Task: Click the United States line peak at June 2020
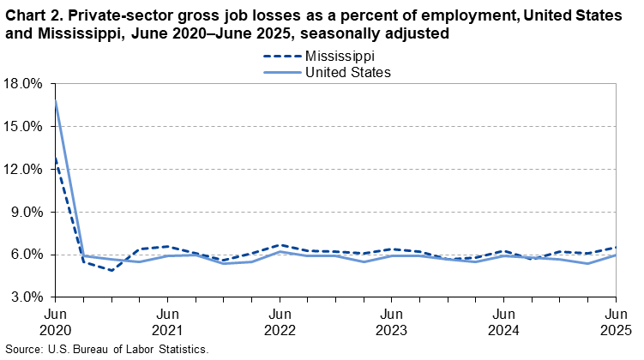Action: (x=56, y=101)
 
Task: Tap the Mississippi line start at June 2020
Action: (x=56, y=159)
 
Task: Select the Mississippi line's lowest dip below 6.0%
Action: (x=111, y=271)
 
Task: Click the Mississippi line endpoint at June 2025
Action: (x=616, y=248)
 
